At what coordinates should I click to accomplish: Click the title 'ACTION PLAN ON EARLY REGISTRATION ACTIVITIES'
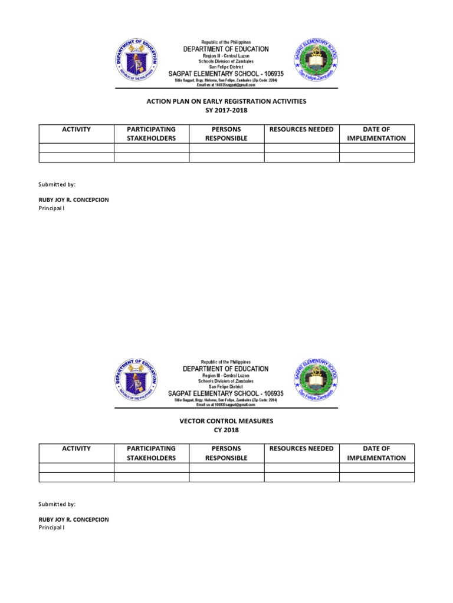[226, 101]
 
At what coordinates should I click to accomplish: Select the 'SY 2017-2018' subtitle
[226, 111]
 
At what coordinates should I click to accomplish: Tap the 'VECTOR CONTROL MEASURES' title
[226, 421]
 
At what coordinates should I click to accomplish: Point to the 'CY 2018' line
[226, 430]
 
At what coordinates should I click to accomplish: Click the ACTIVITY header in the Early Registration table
[76, 130]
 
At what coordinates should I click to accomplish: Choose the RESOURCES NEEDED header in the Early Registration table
[301, 130]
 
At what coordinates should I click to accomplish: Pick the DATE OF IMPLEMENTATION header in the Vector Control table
[376, 453]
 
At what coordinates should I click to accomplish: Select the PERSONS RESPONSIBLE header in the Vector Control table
[226, 453]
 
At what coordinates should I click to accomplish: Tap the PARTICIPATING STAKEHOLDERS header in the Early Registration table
[151, 134]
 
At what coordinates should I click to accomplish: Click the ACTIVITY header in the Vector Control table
[76, 449]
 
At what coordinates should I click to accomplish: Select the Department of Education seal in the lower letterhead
[137, 382]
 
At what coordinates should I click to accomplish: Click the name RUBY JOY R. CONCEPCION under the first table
[74, 200]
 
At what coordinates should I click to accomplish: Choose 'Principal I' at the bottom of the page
[51, 528]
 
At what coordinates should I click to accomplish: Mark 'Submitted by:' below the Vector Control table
[57, 504]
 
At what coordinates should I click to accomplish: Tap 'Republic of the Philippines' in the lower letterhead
[226, 362]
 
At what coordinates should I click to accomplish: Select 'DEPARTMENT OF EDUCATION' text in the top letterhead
[226, 49]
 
